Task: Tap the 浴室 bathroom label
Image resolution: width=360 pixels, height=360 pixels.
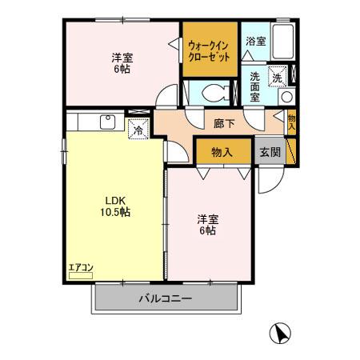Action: (255, 41)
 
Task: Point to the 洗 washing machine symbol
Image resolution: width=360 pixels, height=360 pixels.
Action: (277, 78)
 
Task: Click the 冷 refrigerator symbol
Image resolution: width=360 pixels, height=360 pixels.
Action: (138, 129)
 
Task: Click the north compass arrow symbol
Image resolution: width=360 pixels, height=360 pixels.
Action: (280, 331)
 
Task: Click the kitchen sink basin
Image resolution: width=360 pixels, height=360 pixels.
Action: (106, 122)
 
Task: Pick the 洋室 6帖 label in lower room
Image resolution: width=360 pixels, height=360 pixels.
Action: (207, 223)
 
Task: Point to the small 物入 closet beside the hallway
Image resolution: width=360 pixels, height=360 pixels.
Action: (292, 122)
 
